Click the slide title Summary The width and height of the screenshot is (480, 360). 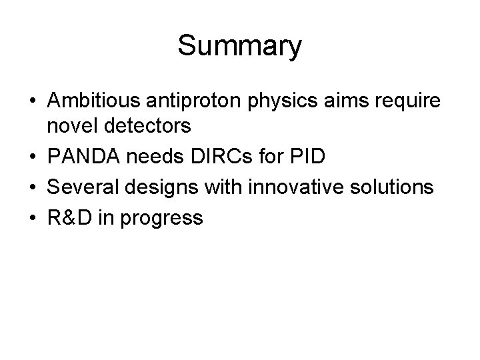pyautogui.click(x=240, y=46)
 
